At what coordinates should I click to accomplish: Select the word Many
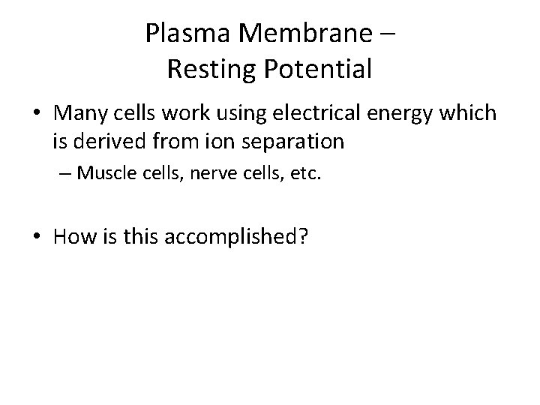[79, 114]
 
